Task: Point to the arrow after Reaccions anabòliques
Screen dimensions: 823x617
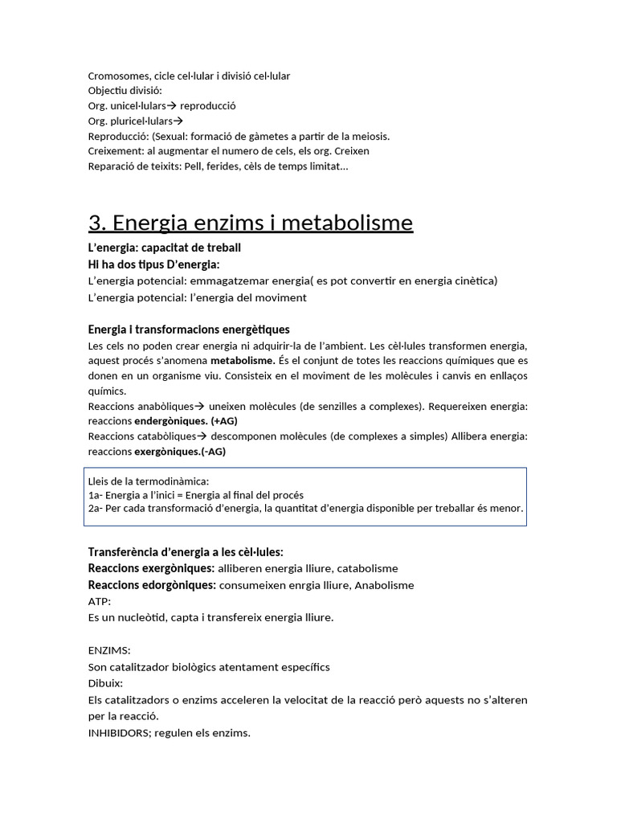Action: pos(201,406)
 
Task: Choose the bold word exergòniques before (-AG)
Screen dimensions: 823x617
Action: pos(167,451)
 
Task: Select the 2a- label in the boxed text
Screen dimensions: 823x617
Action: pos(96,509)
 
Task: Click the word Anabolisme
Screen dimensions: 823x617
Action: pos(384,585)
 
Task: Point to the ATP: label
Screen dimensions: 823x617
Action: pos(100,601)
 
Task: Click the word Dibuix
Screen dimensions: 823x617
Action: pos(105,683)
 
